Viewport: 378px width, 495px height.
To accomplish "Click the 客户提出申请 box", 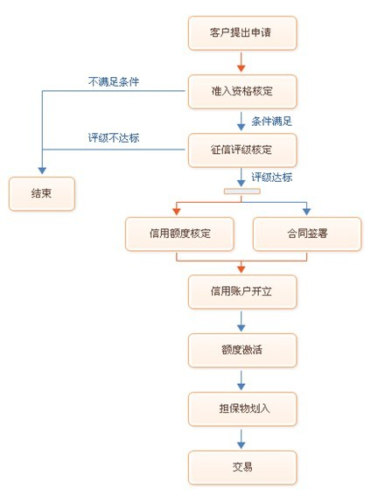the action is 242,33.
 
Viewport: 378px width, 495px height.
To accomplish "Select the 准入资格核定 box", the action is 242,92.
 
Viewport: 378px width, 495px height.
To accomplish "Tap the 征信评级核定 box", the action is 242,150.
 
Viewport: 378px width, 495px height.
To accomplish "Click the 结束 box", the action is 42,193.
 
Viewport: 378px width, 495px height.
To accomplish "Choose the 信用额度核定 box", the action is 179,234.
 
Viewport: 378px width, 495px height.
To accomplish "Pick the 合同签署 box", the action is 307,234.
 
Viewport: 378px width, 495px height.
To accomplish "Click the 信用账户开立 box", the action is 242,292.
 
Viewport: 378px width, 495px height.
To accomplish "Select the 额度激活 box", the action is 242,350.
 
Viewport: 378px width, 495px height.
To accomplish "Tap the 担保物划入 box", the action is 242,408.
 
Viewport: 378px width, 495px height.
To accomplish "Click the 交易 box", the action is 242,468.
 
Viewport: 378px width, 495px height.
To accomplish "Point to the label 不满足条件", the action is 114,81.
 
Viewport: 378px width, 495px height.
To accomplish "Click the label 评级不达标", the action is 114,137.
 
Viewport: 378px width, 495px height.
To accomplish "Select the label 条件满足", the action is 271,122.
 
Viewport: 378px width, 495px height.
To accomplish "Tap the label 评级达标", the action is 271,178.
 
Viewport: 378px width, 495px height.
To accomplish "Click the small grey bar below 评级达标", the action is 241,192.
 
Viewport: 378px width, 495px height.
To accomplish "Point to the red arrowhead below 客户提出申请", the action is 241,68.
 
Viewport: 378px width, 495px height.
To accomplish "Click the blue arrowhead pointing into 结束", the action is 42,171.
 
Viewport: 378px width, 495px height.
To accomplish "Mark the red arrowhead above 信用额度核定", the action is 177,212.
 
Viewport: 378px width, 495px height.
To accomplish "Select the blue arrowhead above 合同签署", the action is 306,212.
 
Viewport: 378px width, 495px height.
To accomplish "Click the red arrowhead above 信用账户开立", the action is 241,269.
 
